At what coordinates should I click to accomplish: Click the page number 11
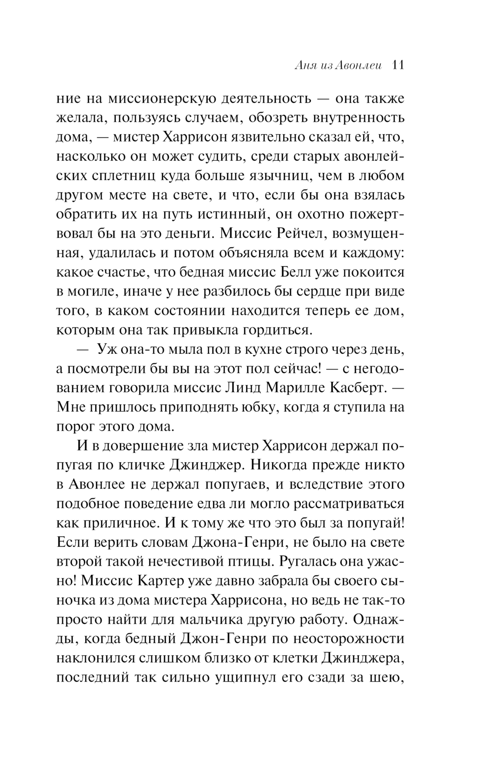coord(398,66)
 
